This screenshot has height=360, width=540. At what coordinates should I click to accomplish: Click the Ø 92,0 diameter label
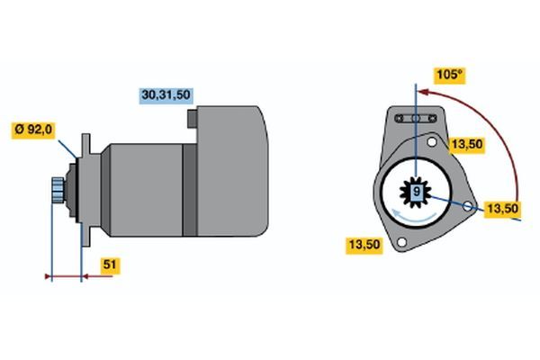33,130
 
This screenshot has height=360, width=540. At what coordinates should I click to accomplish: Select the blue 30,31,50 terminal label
166,94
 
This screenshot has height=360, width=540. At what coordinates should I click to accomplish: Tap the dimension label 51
110,265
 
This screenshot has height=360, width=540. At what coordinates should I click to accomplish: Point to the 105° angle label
449,75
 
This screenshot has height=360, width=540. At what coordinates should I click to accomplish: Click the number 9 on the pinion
417,191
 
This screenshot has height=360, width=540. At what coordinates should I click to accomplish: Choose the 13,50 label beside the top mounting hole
467,144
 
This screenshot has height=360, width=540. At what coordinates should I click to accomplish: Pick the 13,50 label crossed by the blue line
502,209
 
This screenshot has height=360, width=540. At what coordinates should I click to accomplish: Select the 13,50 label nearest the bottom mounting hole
364,245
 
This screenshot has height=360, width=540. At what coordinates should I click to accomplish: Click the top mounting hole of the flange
431,141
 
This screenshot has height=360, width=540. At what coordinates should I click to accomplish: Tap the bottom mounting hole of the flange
401,242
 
